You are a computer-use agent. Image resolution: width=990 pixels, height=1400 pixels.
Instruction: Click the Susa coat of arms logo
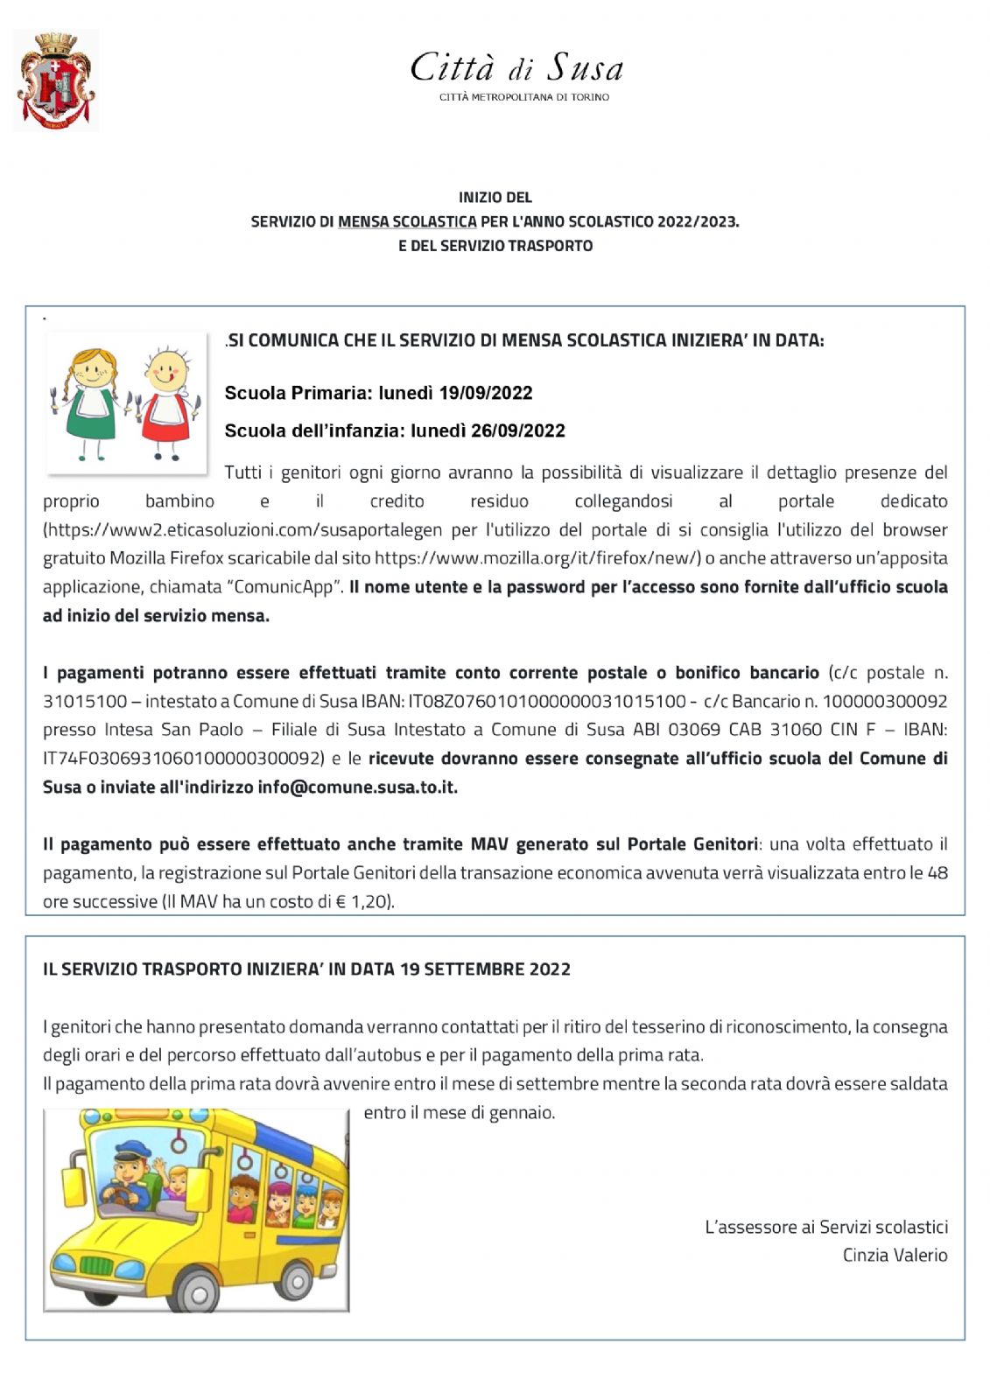click(56, 80)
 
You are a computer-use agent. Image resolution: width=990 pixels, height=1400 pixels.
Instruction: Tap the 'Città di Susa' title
click(516, 68)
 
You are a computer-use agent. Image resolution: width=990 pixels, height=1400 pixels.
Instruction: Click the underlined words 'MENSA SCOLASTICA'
click(407, 222)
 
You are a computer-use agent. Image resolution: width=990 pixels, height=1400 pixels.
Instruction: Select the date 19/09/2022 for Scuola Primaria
click(486, 393)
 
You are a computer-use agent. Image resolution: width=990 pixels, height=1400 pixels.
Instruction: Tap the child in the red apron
click(166, 403)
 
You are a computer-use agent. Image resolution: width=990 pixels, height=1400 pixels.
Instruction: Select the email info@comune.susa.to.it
click(357, 787)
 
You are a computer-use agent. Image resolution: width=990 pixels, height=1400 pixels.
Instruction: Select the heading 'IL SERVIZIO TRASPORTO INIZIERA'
click(306, 969)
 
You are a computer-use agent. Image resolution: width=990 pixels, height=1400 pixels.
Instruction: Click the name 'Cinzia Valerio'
click(895, 1255)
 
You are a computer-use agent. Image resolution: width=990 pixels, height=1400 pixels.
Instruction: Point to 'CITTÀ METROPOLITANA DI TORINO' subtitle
click(523, 97)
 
